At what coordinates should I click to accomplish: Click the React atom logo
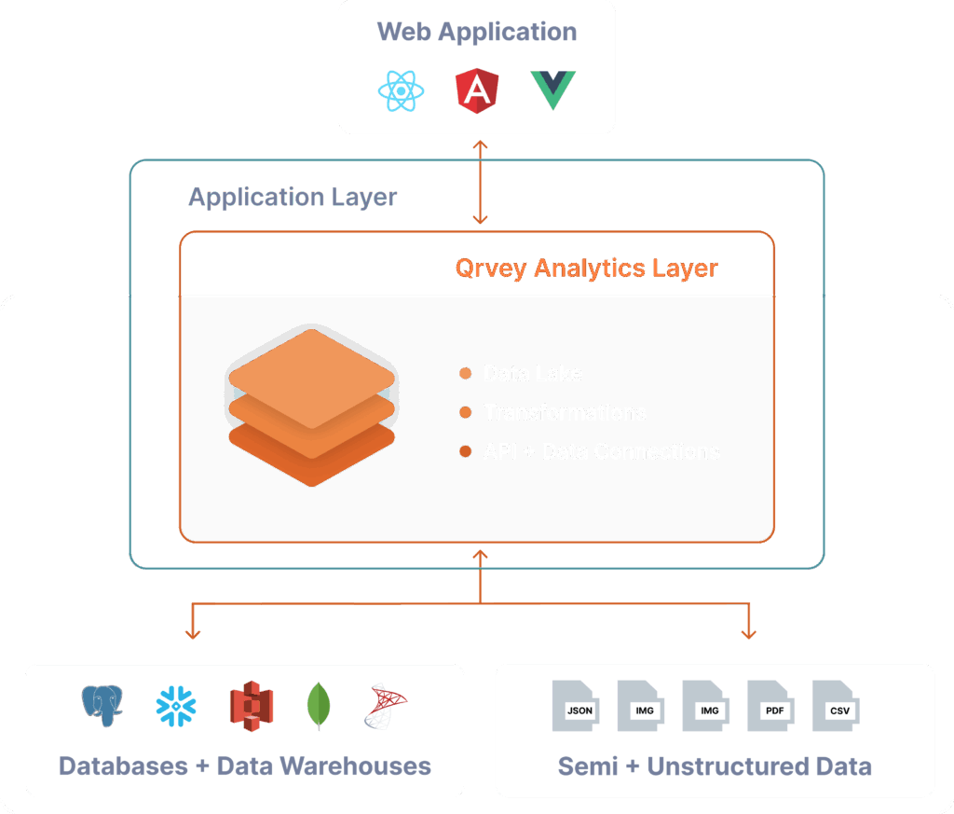coord(402,90)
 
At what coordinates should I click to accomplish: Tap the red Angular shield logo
coord(477,90)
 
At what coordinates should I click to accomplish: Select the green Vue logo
coord(553,90)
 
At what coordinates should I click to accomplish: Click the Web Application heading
coord(477,31)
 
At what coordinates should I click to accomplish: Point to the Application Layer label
coord(293,198)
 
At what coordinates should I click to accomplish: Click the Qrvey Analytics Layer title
coord(586,269)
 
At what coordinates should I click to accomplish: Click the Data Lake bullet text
coord(532,374)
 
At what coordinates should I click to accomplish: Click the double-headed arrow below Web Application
coord(480,183)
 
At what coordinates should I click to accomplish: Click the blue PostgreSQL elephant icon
coord(102,707)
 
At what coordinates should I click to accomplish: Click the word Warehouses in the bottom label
coord(356,766)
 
